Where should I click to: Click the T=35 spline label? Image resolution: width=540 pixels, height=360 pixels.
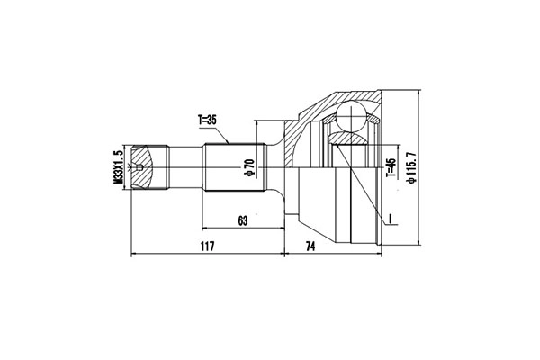point(206,119)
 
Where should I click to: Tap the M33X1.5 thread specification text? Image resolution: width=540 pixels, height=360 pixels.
point(118,167)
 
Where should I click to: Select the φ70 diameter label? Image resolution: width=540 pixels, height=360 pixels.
point(247,167)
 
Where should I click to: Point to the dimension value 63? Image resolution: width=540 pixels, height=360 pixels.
point(242,219)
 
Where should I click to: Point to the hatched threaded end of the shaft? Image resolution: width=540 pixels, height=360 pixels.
point(148,167)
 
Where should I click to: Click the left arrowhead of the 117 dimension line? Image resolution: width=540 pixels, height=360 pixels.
point(135,253)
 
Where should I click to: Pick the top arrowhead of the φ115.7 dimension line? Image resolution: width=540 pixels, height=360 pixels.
point(420,93)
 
